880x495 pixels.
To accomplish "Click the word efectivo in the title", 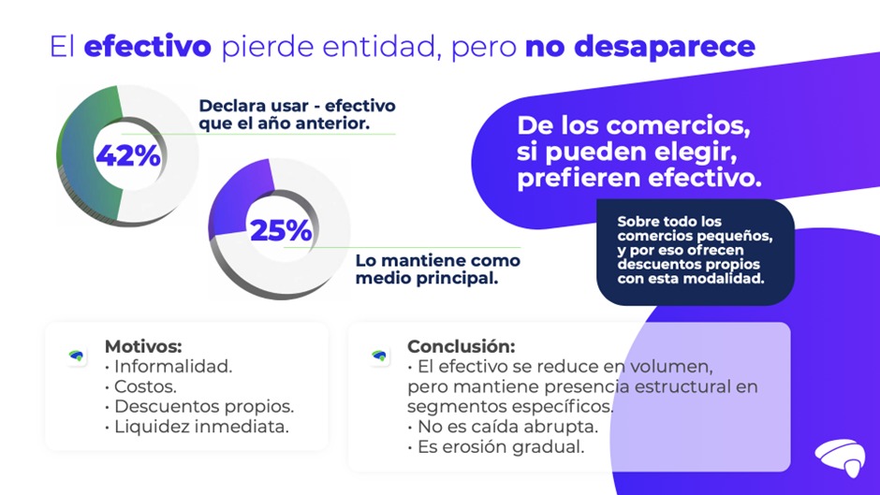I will tap(148, 47).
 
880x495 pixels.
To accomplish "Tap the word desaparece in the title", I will tap(639, 47).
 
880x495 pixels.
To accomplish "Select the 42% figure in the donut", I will tap(127, 155).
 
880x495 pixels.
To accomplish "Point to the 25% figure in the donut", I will tap(280, 229).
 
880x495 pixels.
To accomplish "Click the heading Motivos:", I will tap(142, 346).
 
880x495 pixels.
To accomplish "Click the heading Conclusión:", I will tap(461, 346).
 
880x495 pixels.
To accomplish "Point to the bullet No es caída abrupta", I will tap(506, 427).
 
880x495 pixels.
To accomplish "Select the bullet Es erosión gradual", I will tap(499, 447).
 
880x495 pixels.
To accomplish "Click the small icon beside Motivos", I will tap(77, 356).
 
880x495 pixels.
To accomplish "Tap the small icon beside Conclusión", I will tap(379, 356).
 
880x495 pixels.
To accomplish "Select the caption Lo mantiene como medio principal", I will tap(437, 269).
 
